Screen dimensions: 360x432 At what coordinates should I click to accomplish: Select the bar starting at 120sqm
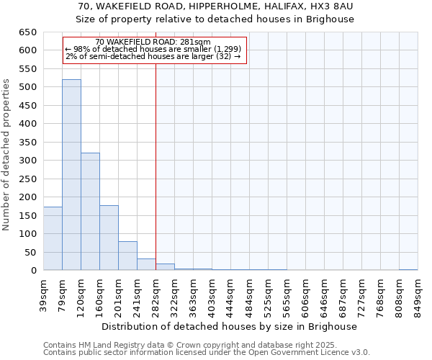click(90, 212)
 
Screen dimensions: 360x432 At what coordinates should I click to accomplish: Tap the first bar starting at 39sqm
click(53, 238)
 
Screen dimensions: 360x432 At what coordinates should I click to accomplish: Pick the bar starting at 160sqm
click(109, 238)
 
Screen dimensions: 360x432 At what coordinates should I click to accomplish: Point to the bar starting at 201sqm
click(127, 256)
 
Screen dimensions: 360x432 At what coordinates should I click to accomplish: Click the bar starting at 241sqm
click(146, 264)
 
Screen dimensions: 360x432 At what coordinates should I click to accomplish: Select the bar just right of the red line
click(165, 267)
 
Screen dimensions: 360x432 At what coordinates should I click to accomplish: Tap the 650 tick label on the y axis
click(28, 32)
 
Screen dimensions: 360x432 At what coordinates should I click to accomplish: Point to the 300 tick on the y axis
click(28, 161)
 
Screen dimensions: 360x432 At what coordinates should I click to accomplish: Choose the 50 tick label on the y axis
click(31, 252)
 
